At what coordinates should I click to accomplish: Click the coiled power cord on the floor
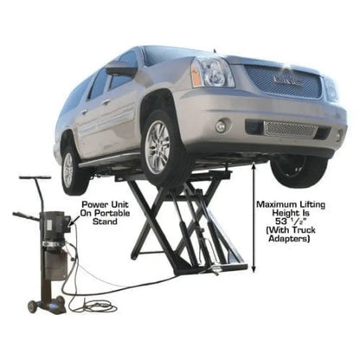[96, 305]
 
